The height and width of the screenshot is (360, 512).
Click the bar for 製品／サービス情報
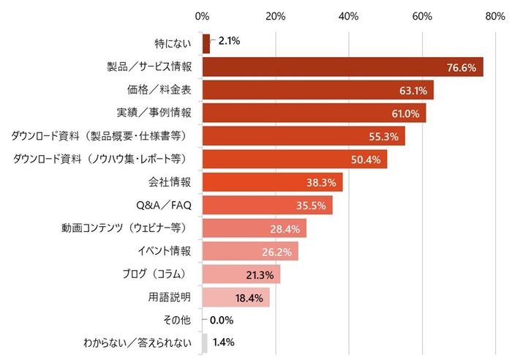(x=342, y=67)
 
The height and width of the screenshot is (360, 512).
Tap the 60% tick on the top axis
(x=421, y=15)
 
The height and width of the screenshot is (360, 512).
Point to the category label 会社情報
(x=170, y=182)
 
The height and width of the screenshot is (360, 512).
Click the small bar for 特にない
(x=206, y=44)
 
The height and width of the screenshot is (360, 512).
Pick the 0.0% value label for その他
(x=222, y=320)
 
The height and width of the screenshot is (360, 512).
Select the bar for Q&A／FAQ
(x=267, y=205)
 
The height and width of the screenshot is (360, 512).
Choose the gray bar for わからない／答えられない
(x=205, y=342)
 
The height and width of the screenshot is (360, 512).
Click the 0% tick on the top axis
(x=203, y=15)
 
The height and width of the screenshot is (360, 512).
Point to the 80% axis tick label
(x=494, y=15)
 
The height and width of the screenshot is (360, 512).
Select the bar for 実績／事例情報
(x=314, y=113)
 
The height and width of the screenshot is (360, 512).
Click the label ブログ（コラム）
(x=160, y=274)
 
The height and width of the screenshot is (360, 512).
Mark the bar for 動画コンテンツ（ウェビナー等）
(x=254, y=228)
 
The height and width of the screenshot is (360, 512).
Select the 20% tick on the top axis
(x=276, y=15)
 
